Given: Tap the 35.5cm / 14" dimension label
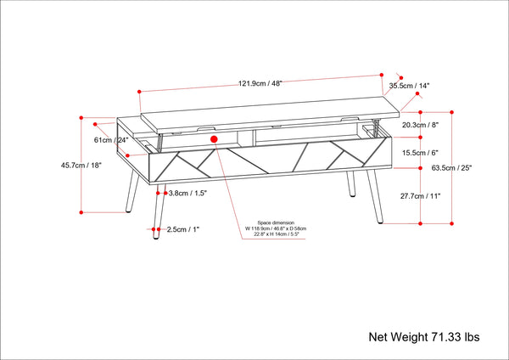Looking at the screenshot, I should point(410,86).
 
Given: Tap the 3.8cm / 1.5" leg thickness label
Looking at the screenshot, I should point(188,194).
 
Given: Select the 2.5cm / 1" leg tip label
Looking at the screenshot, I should point(183,229).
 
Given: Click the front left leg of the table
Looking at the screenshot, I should point(156,208).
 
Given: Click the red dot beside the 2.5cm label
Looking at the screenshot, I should point(159,229).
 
